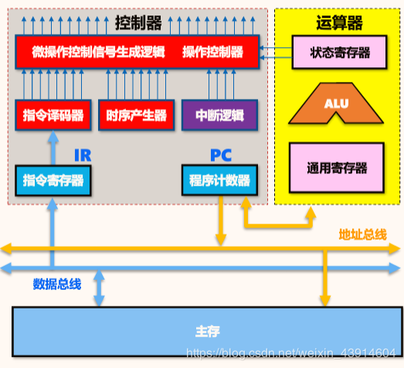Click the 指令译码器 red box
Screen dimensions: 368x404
[53, 115]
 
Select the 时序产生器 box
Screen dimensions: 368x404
[137, 115]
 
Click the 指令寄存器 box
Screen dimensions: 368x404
[53, 180]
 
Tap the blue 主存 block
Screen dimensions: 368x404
[207, 331]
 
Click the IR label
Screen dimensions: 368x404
[82, 155]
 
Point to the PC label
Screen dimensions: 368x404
[221, 155]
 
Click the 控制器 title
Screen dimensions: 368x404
[137, 22]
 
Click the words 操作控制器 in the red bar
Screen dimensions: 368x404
[212, 53]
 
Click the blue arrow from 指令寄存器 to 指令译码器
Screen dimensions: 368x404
[53, 147]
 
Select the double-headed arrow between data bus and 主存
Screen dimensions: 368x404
[99, 288]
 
